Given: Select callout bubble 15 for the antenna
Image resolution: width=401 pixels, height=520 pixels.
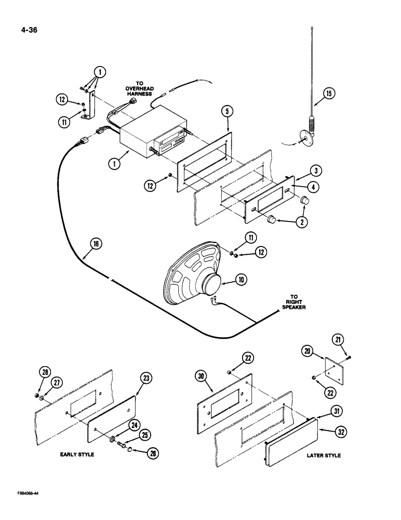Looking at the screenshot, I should coord(329,94).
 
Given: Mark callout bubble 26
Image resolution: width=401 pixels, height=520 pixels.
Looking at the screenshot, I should coord(152,453).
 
